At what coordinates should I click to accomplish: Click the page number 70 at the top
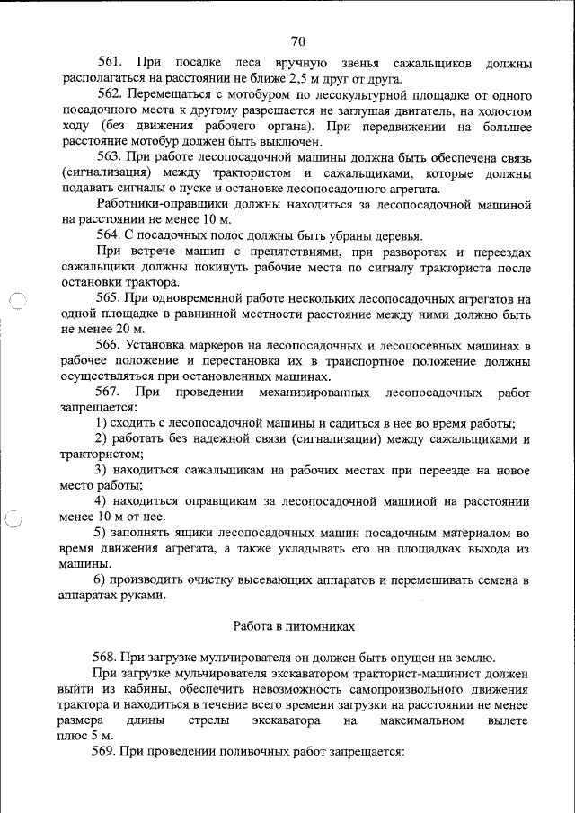(x=298, y=40)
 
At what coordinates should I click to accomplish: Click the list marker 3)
(x=102, y=470)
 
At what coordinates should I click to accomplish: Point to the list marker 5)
(x=102, y=533)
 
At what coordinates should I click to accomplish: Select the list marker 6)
(x=102, y=579)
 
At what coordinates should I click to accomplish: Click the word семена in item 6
(x=491, y=579)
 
